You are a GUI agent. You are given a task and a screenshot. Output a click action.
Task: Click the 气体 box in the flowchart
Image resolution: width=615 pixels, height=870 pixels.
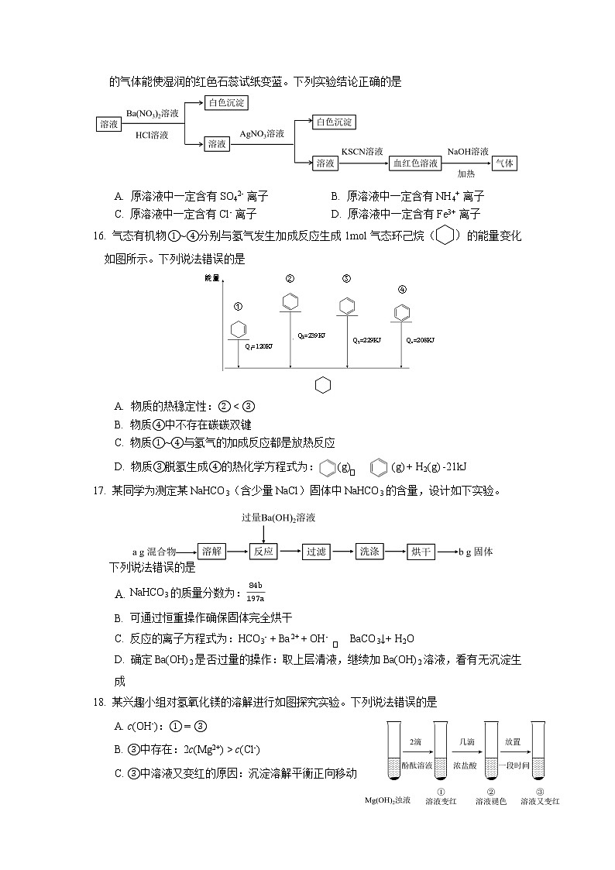pyautogui.click(x=504, y=163)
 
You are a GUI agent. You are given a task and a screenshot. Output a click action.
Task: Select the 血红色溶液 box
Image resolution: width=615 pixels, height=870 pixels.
pyautogui.click(x=415, y=163)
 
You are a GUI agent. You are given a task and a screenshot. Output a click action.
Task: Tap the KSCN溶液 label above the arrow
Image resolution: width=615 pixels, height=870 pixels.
pyautogui.click(x=362, y=152)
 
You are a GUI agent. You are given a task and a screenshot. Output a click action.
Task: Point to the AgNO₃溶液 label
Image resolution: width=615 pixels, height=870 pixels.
pyautogui.click(x=262, y=133)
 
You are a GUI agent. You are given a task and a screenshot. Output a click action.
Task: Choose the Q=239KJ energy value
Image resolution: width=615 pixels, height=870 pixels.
pyautogui.click(x=311, y=336)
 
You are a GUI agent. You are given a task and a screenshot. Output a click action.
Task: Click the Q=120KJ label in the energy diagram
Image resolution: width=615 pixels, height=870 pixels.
pyautogui.click(x=259, y=346)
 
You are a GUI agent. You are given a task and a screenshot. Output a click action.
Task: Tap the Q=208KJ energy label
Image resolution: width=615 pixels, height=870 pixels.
pyautogui.click(x=421, y=340)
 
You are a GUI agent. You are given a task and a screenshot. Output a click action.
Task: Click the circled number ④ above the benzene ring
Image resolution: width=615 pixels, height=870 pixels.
pyautogui.click(x=402, y=290)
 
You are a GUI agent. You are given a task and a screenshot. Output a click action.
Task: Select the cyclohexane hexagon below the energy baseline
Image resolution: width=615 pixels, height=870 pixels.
pyautogui.click(x=323, y=385)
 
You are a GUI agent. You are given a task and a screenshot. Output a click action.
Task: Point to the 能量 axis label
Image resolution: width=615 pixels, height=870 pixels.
pyautogui.click(x=212, y=277)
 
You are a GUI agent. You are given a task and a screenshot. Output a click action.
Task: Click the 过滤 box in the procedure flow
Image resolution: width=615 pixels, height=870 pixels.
pyautogui.click(x=316, y=552)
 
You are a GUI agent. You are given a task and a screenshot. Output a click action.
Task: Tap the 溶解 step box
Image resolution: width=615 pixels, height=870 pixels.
pyautogui.click(x=211, y=552)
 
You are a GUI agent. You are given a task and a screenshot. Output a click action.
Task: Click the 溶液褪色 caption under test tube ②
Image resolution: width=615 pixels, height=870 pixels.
pyautogui.click(x=490, y=801)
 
